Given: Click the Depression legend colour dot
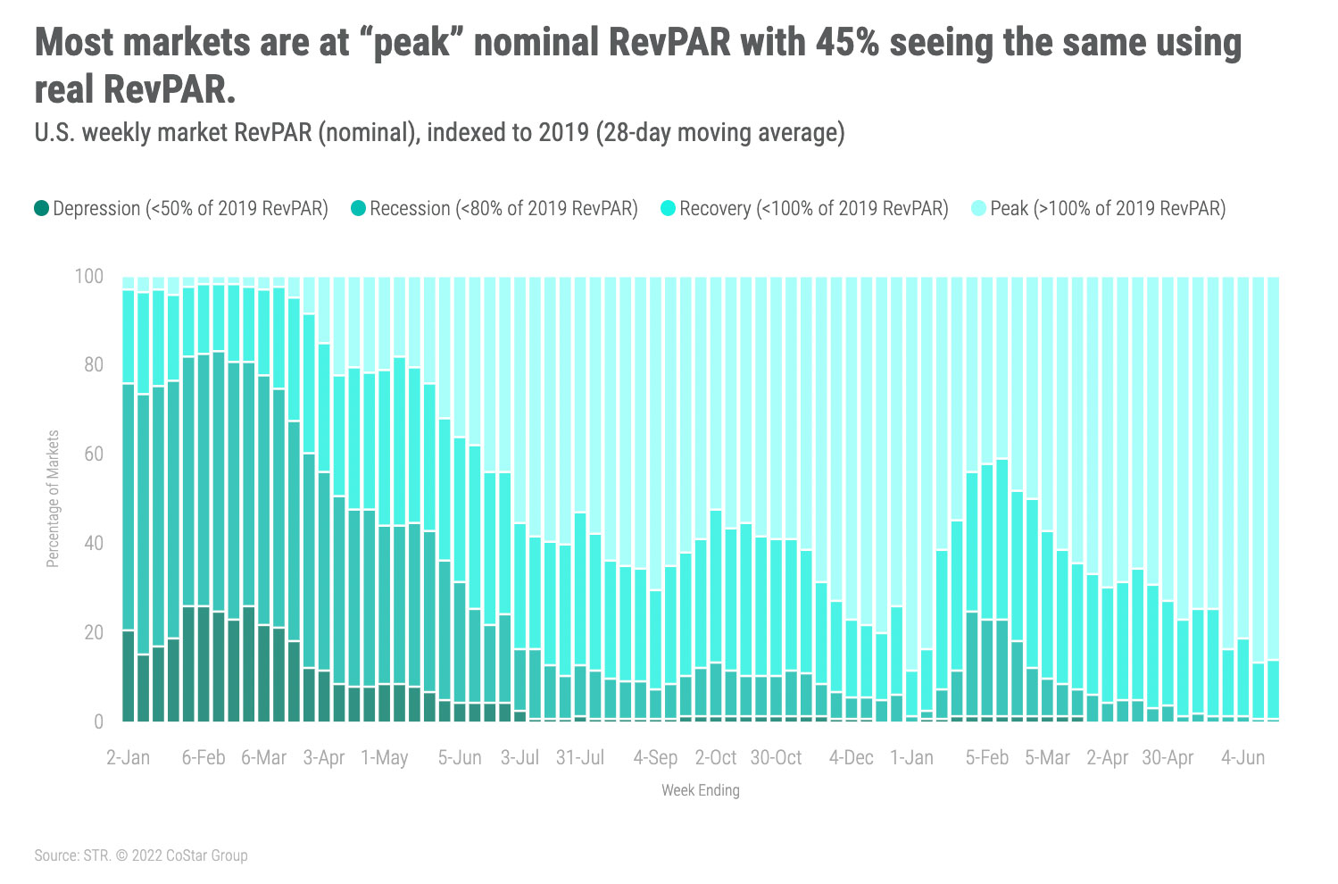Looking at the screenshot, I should point(42,209).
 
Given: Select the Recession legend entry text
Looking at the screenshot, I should point(503,209).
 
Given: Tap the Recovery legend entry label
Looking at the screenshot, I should point(813,209).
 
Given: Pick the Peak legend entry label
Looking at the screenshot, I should point(1107,209).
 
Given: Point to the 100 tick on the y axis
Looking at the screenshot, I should point(88,276).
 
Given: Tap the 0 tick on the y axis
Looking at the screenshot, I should point(98,721).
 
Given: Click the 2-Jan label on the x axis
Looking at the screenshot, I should point(128,758).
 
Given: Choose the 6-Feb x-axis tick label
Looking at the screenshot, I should point(204,758).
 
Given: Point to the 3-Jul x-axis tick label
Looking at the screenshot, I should point(519,758).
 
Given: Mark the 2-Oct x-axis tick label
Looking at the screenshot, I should point(716,758).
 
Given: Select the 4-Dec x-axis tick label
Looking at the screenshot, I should point(852,758).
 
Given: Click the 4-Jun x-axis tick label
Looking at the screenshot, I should point(1243,758).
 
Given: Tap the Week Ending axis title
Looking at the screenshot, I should point(701,790).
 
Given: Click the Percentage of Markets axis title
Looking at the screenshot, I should point(54,499).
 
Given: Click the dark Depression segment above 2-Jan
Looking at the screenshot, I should point(129,676).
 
